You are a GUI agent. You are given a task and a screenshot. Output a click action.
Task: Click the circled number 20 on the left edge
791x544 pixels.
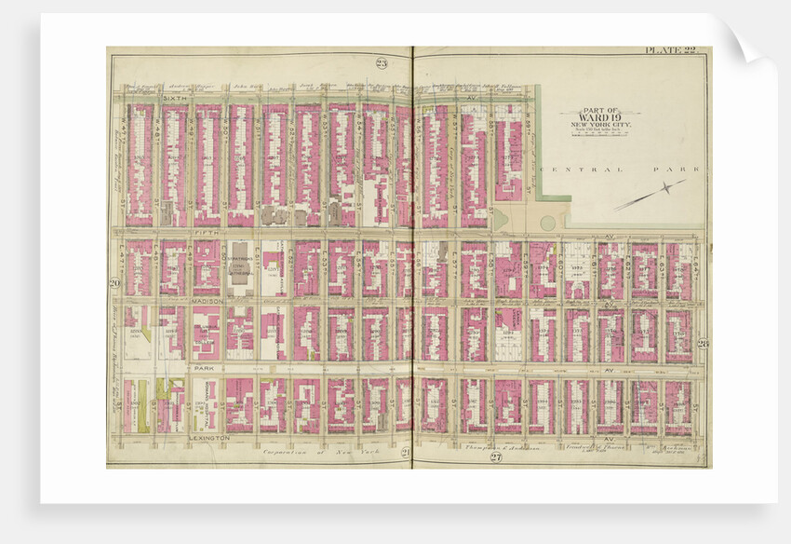click(x=114, y=282)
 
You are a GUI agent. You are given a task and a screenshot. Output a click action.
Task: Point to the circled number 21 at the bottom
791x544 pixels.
click(x=405, y=452)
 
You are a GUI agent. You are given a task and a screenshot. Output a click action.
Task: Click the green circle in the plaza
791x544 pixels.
click(x=548, y=223)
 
